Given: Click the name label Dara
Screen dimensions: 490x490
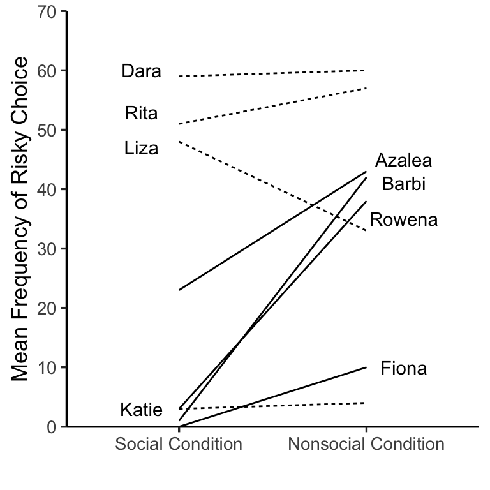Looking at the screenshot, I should click(x=142, y=71).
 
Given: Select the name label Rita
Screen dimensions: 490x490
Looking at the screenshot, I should click(x=142, y=114).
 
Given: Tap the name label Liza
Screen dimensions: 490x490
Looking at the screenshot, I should click(x=142, y=149).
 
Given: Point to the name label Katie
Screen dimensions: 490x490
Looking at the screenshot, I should click(x=142, y=410).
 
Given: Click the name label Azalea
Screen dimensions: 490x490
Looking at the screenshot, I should click(x=403, y=160).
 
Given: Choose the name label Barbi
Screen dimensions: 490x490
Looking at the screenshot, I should click(x=403, y=184).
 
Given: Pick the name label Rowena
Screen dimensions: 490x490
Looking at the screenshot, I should click(x=404, y=220).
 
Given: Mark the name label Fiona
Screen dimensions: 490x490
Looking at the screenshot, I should click(x=403, y=368).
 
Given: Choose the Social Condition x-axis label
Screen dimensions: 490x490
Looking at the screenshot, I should click(x=179, y=444).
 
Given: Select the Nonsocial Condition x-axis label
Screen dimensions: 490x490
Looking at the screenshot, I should click(x=366, y=444).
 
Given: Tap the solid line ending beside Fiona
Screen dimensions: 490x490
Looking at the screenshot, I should click(x=272, y=397).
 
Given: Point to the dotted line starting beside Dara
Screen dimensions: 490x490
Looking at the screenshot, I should click(x=272, y=73).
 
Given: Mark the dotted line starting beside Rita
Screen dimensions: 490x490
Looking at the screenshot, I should click(x=272, y=105).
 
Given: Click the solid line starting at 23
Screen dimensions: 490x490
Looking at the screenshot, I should click(x=272, y=231).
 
